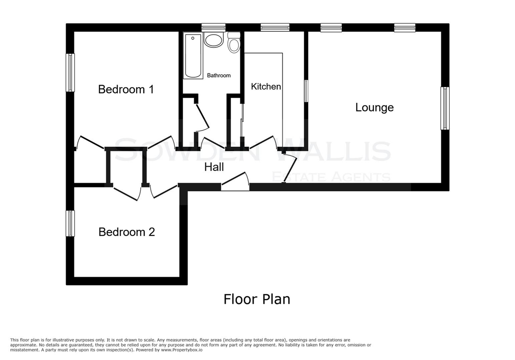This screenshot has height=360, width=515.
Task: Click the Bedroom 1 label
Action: [x=126, y=89]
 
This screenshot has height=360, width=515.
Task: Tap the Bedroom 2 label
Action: [x=127, y=232]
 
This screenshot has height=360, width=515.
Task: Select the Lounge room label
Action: [x=375, y=108]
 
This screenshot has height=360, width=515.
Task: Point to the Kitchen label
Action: [x=266, y=87]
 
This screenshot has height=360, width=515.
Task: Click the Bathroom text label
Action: [x=218, y=76]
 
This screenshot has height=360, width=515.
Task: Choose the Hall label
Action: [x=214, y=167]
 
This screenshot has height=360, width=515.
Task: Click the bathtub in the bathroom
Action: [x=193, y=56]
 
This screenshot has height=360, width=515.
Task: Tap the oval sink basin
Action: [x=214, y=40]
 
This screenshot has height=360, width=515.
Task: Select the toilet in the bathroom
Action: [x=234, y=42]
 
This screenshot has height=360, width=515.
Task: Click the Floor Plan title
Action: [x=257, y=299]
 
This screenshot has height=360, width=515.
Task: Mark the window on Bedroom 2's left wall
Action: [x=70, y=224]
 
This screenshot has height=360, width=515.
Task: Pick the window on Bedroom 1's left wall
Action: [x=70, y=73]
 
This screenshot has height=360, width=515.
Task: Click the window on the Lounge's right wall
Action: [x=445, y=108]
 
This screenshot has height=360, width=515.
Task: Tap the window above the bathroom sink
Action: [x=214, y=27]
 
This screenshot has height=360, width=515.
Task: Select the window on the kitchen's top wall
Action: [x=275, y=27]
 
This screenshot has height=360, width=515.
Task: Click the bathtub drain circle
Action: [x=193, y=38]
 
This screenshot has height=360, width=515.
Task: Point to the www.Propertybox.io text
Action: [x=182, y=350]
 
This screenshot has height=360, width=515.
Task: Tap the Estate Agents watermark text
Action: [x=331, y=177]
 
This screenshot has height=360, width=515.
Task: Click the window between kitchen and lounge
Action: [x=306, y=91]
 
